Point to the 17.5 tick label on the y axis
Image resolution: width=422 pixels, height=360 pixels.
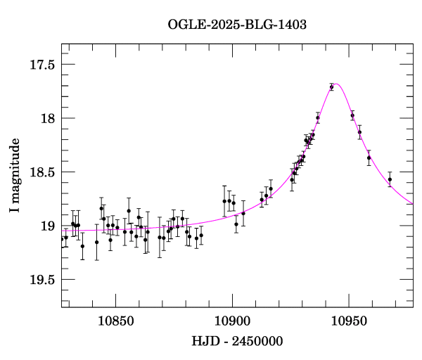pos(41,65)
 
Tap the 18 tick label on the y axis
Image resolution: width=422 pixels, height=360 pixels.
pos(47,118)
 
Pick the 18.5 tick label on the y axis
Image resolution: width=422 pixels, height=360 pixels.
pos(41,172)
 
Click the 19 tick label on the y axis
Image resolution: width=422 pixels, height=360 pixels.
pos(47,226)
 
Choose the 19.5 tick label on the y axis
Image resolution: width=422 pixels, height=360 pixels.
pos(41,280)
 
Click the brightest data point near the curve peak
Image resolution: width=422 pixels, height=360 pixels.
pos(331,86)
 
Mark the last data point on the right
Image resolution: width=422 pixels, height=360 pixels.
pos(390,179)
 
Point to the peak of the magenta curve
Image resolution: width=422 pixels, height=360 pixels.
pos(337,84)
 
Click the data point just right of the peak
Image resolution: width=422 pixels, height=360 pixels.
pos(352,115)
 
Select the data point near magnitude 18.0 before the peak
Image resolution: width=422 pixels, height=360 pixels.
pos(318,118)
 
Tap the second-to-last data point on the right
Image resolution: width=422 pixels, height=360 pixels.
pos(369,157)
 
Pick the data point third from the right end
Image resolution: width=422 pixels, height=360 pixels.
pos(359,132)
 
